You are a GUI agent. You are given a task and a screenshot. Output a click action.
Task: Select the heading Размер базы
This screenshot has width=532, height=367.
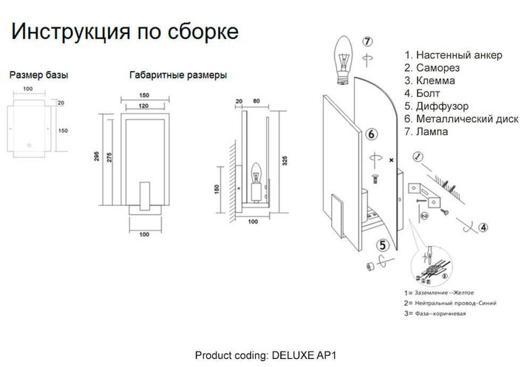(x=40, y=75)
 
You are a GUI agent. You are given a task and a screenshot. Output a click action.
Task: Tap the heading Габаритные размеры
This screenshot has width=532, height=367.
(x=177, y=75)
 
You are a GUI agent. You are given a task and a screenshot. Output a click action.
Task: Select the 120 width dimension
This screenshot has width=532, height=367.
(x=144, y=106)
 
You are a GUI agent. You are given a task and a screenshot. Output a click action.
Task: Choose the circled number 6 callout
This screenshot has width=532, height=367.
(x=372, y=134)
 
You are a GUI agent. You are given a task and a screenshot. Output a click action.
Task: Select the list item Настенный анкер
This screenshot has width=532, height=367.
(x=453, y=55)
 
